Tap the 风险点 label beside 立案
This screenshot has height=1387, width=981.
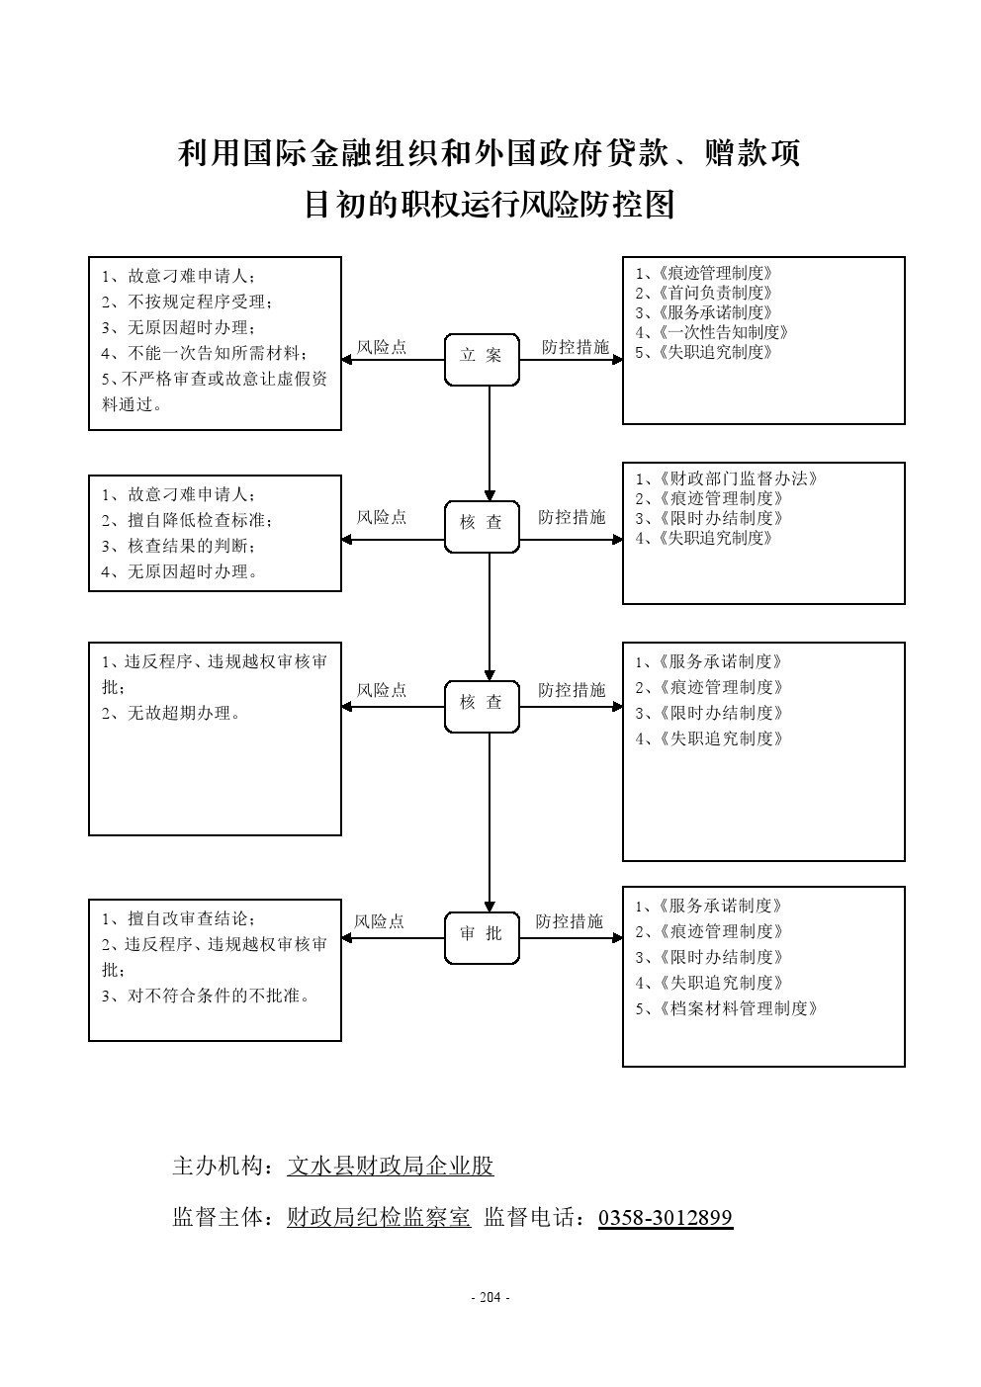click(x=382, y=347)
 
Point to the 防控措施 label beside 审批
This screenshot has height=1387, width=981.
click(x=569, y=921)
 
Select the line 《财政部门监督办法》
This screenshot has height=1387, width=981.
click(x=727, y=478)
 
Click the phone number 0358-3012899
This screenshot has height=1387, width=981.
click(x=666, y=1217)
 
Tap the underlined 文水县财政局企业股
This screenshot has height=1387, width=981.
click(x=391, y=1166)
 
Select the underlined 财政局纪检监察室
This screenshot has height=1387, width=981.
click(x=379, y=1217)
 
